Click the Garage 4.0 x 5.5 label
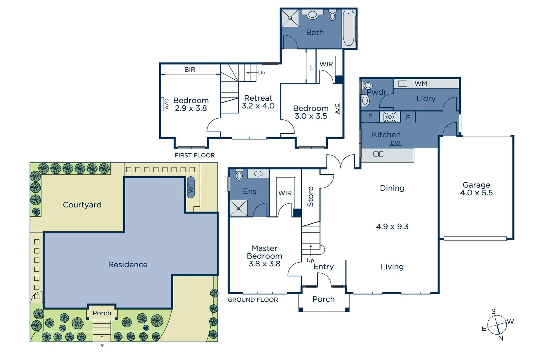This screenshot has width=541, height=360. (x=476, y=189)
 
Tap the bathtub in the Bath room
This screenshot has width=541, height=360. (x=349, y=28)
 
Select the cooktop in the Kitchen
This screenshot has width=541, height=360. (x=390, y=117)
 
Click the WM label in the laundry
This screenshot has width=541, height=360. (x=421, y=84)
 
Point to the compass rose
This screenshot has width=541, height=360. (x=497, y=324)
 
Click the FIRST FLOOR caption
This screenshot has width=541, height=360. (x=195, y=155)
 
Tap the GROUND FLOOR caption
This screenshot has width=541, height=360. (x=253, y=300)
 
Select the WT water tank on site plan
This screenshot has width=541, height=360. (x=191, y=188)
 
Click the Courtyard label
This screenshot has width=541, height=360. (x=82, y=205)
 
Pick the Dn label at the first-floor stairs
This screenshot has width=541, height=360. (x=262, y=73)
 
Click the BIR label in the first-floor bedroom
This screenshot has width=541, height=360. (x=190, y=69)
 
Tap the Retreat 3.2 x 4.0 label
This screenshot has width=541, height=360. (x=258, y=102)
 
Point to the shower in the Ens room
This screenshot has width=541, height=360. (x=239, y=208)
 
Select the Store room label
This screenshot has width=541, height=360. (x=310, y=197)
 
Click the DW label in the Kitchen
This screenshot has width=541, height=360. (x=395, y=143)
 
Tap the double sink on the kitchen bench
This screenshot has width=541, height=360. (x=378, y=154)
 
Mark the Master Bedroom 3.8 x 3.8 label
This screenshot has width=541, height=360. (x=265, y=256)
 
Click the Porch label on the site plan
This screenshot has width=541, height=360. (x=102, y=313)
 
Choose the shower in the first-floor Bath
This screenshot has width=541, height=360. (x=290, y=18)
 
